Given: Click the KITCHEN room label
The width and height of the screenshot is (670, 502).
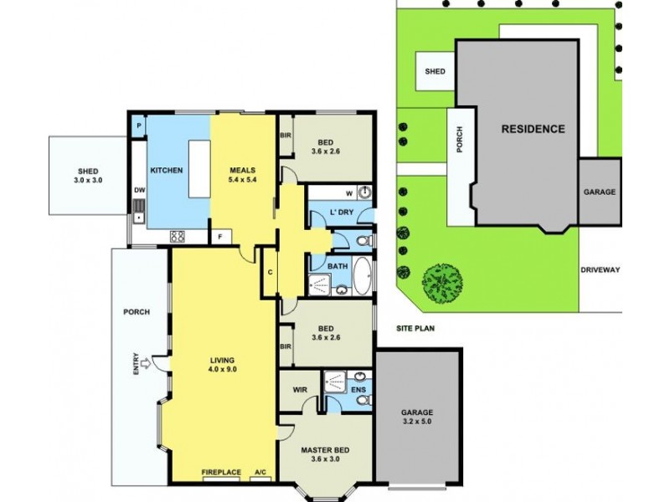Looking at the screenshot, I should point(166,171).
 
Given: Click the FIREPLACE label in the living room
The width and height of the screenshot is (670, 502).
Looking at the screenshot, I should point(221,473).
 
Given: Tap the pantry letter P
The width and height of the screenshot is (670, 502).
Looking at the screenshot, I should point(138,125).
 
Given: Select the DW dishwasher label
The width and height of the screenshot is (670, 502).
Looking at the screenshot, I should point(138,190).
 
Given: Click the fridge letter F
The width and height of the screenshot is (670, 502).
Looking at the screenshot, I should point(220,237).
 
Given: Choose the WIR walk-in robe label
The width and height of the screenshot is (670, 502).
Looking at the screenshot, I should point(300,390).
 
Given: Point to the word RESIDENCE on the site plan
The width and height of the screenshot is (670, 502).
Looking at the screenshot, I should point(533,129).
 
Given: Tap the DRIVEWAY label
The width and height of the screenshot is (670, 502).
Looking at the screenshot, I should point(600,269).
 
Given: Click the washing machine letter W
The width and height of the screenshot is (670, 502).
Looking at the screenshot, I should point(349,191).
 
